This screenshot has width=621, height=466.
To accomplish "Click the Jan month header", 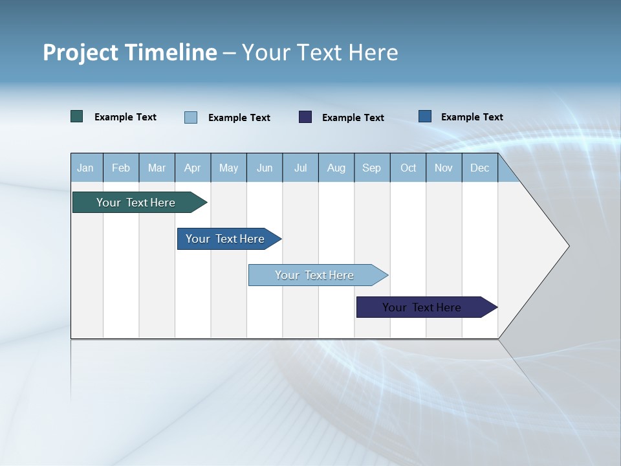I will [86, 168].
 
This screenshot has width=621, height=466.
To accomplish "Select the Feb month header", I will [121, 168].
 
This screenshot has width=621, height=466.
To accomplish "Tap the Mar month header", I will [157, 168].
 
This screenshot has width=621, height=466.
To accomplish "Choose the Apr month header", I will [193, 168].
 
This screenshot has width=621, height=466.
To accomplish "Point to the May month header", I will [228, 168].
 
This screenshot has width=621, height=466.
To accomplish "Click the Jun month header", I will [265, 168].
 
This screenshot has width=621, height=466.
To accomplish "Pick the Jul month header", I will [300, 168].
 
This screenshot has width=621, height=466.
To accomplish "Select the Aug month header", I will [336, 168].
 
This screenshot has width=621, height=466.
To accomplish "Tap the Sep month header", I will [372, 168].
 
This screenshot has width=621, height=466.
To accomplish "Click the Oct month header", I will [408, 168].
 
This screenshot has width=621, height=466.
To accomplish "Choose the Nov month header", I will [444, 168].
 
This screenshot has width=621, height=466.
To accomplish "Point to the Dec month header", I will [480, 168].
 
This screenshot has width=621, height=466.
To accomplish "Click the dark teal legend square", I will [77, 116].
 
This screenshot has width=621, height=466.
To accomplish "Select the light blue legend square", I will [191, 117].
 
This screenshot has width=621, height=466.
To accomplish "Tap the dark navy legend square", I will [305, 117].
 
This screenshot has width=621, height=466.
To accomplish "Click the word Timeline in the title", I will [173, 52].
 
